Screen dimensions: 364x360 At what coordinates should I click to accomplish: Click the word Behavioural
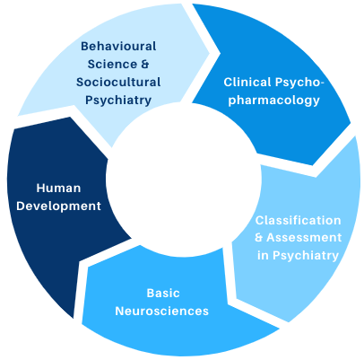click(x=118, y=47)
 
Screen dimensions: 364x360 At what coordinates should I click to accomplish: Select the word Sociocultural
click(x=118, y=82)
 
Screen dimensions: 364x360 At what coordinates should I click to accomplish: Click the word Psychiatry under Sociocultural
click(x=118, y=101)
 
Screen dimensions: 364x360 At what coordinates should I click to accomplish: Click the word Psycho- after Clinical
click(x=299, y=83)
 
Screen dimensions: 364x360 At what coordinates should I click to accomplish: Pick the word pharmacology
click(x=273, y=101)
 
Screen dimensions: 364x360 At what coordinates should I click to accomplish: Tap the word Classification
click(x=298, y=220)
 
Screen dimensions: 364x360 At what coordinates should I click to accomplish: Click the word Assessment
click(x=304, y=238)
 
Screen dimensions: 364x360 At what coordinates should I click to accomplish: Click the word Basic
click(x=163, y=293)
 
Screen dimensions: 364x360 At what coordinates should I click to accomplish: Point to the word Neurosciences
click(x=161, y=311)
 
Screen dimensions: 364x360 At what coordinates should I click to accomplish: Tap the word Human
click(x=58, y=189)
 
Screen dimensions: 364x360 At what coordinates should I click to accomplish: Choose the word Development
click(x=58, y=206)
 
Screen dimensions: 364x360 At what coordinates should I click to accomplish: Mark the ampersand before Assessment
click(x=259, y=238)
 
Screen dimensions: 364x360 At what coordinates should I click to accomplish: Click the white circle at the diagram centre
click(x=184, y=179)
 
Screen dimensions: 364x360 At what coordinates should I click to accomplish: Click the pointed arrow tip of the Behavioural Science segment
click(x=210, y=53)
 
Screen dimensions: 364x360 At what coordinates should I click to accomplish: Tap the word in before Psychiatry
click(x=263, y=255)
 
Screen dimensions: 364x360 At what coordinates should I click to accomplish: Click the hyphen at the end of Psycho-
click(x=321, y=83)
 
